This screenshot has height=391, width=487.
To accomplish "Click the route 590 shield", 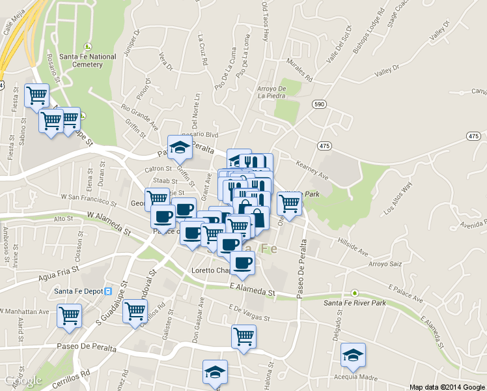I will click(318, 104).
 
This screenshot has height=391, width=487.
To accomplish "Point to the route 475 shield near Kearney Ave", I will click(324, 143).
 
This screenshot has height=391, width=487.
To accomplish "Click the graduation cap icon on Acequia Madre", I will click(353, 356).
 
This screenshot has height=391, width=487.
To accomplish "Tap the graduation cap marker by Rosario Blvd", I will click(180, 148).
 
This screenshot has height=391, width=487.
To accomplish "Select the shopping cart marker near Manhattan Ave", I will click(69, 316).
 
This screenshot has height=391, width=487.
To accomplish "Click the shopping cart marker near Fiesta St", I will click(36, 96).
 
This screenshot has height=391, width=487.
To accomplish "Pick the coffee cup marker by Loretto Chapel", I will click(242, 264).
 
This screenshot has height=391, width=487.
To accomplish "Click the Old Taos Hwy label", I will click(265, 21).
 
